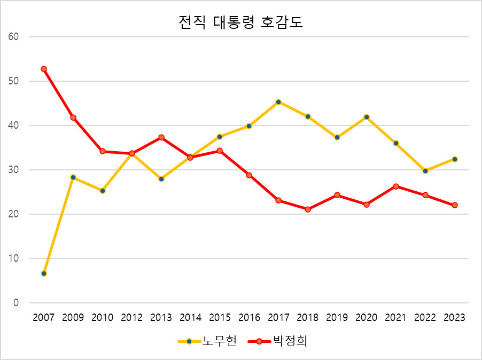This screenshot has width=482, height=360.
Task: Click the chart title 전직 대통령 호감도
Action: [240, 23]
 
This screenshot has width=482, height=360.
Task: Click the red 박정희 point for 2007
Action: [44, 69]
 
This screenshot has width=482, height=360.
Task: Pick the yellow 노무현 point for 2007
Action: [44, 273]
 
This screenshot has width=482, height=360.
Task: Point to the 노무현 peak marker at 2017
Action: [278, 102]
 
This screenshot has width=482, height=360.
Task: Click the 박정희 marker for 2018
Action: [308, 209]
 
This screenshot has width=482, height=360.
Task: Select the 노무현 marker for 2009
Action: [73, 177]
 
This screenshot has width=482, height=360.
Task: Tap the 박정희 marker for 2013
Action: [161, 137]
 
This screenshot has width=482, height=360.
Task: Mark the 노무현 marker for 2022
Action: [425, 171]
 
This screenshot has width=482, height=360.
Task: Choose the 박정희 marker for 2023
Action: [455, 205]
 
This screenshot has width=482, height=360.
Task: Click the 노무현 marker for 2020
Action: [367, 117]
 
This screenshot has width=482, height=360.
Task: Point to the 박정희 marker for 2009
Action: [73, 118]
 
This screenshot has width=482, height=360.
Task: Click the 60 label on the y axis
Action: [13, 37]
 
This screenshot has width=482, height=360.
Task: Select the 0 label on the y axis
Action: [16, 303]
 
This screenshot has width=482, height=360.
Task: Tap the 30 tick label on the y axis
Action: [13, 170]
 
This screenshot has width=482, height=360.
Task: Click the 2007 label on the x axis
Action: [44, 318]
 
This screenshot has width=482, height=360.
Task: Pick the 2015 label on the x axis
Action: [220, 318]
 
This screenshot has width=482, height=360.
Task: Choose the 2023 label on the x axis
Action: [455, 318]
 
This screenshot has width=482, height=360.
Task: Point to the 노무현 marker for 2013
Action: [161, 179]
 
